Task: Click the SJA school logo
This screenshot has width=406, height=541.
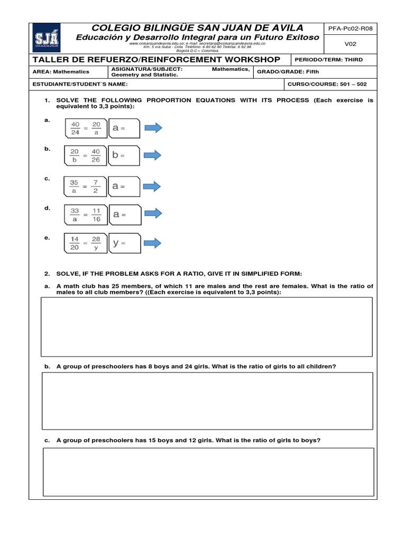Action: click(x=46, y=37)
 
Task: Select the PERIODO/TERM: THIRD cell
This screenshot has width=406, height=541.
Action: click(x=331, y=60)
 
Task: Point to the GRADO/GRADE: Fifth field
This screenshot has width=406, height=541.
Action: click(x=288, y=72)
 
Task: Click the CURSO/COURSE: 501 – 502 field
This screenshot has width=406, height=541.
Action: click(x=327, y=84)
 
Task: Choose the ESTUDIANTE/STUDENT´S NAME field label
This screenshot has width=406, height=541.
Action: click(x=80, y=84)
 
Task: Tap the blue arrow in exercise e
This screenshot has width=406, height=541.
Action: click(x=153, y=243)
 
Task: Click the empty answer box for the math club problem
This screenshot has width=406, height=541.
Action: click(x=207, y=327)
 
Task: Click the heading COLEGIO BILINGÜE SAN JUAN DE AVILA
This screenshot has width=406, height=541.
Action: click(x=198, y=27)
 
